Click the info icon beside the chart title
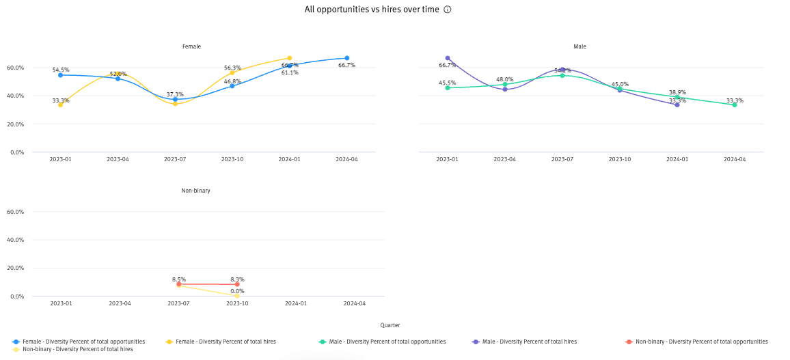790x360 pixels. tap(448, 10)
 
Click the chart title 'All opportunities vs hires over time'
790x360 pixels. tap(373, 10)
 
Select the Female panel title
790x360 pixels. tap(191, 46)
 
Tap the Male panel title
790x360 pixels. tap(580, 46)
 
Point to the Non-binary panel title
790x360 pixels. tap(195, 191)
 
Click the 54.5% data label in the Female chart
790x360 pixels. tap(61, 70)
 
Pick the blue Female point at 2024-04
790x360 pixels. tap(346, 58)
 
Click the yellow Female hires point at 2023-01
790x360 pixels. tap(60, 105)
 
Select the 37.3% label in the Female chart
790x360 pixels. tap(175, 94)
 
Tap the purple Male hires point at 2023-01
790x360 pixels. tap(448, 58)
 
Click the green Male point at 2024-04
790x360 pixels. tap(735, 105)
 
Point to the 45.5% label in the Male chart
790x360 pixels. tap(448, 83)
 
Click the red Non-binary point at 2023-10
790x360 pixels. tap(237, 284)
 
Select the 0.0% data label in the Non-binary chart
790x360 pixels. tap(237, 291)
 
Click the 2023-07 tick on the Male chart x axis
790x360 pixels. tap(562, 159)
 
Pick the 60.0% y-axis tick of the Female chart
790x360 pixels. tap(16, 68)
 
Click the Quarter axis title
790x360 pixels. tap(390, 325)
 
